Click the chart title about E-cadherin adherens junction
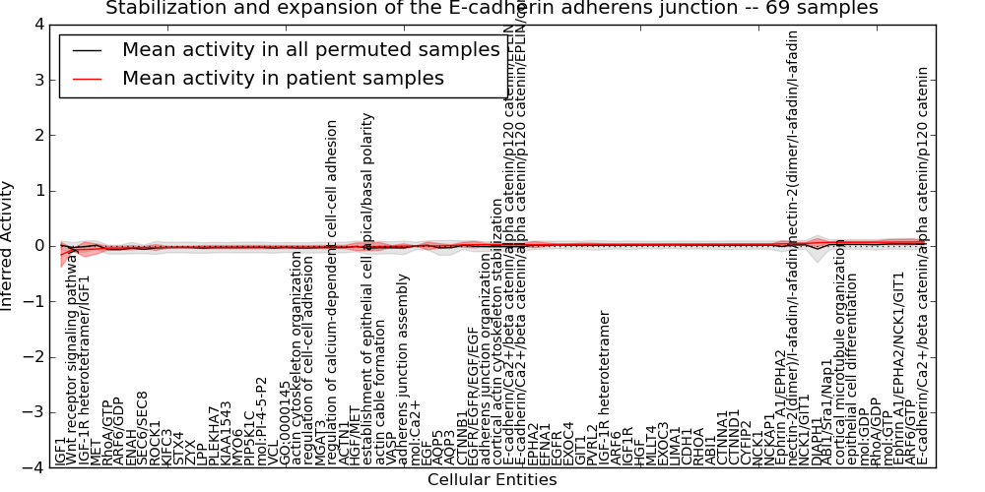click(492, 9)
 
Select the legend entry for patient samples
click(284, 78)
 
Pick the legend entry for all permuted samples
click(311, 50)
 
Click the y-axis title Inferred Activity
click(8, 245)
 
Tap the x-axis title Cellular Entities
click(492, 480)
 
